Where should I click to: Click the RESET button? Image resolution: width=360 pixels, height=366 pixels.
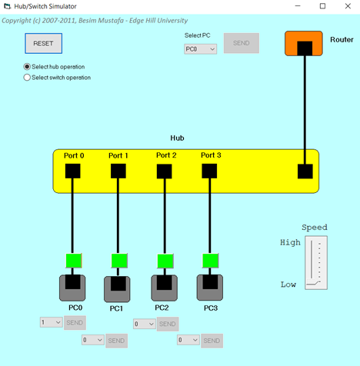coord(43,44)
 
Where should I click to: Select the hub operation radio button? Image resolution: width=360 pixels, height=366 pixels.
coord(28,67)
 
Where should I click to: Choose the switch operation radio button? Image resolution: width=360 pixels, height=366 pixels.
coord(28,77)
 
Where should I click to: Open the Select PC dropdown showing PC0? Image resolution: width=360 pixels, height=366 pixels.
coord(200,49)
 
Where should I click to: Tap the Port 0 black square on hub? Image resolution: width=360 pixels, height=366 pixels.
coord(73,171)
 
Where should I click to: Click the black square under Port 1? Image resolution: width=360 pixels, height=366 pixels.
coord(118,171)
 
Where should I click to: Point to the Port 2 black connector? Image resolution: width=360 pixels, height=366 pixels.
coord(165,171)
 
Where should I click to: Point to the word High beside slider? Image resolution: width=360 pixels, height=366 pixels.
coord(290,243)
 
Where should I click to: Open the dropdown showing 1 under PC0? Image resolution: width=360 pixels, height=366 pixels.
coord(51,322)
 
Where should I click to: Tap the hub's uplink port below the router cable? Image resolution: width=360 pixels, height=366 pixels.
coord(305,171)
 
